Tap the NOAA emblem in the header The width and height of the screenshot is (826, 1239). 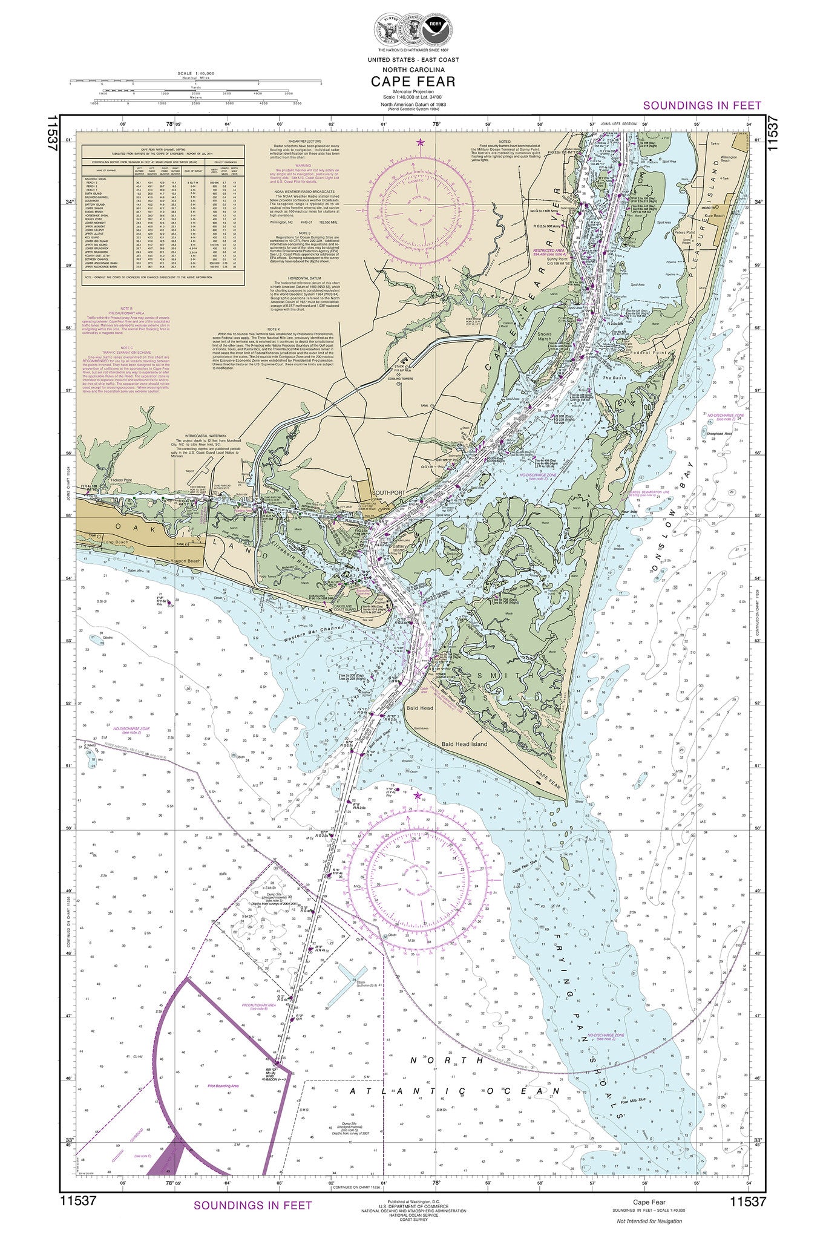431,31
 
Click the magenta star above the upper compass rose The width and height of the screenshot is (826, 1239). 421,143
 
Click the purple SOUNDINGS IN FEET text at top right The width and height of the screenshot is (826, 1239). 702,105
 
